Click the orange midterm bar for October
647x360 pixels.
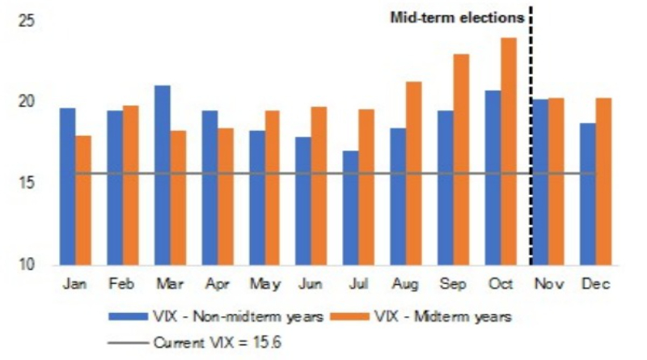click(x=509, y=151)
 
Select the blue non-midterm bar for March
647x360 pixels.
click(x=163, y=175)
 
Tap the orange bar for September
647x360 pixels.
click(x=461, y=159)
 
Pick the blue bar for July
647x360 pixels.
click(x=351, y=208)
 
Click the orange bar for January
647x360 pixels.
click(x=83, y=201)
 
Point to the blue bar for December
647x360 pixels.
click(x=588, y=194)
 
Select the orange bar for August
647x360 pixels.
click(x=414, y=173)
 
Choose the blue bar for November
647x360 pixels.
click(x=540, y=182)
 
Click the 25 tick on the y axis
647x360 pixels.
click(x=27, y=22)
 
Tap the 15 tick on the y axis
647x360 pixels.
click(x=27, y=183)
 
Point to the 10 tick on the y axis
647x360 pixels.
click(x=27, y=265)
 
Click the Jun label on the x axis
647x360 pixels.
click(x=311, y=284)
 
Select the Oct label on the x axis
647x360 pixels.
click(x=501, y=284)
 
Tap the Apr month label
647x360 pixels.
click(x=218, y=285)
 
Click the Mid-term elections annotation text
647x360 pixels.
click(x=457, y=18)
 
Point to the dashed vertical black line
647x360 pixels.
click(x=531, y=136)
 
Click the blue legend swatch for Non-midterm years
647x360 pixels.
click(x=129, y=317)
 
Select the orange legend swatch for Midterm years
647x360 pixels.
click(x=350, y=317)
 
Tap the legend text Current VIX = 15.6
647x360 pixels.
click(x=218, y=343)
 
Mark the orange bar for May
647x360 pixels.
click(x=272, y=188)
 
